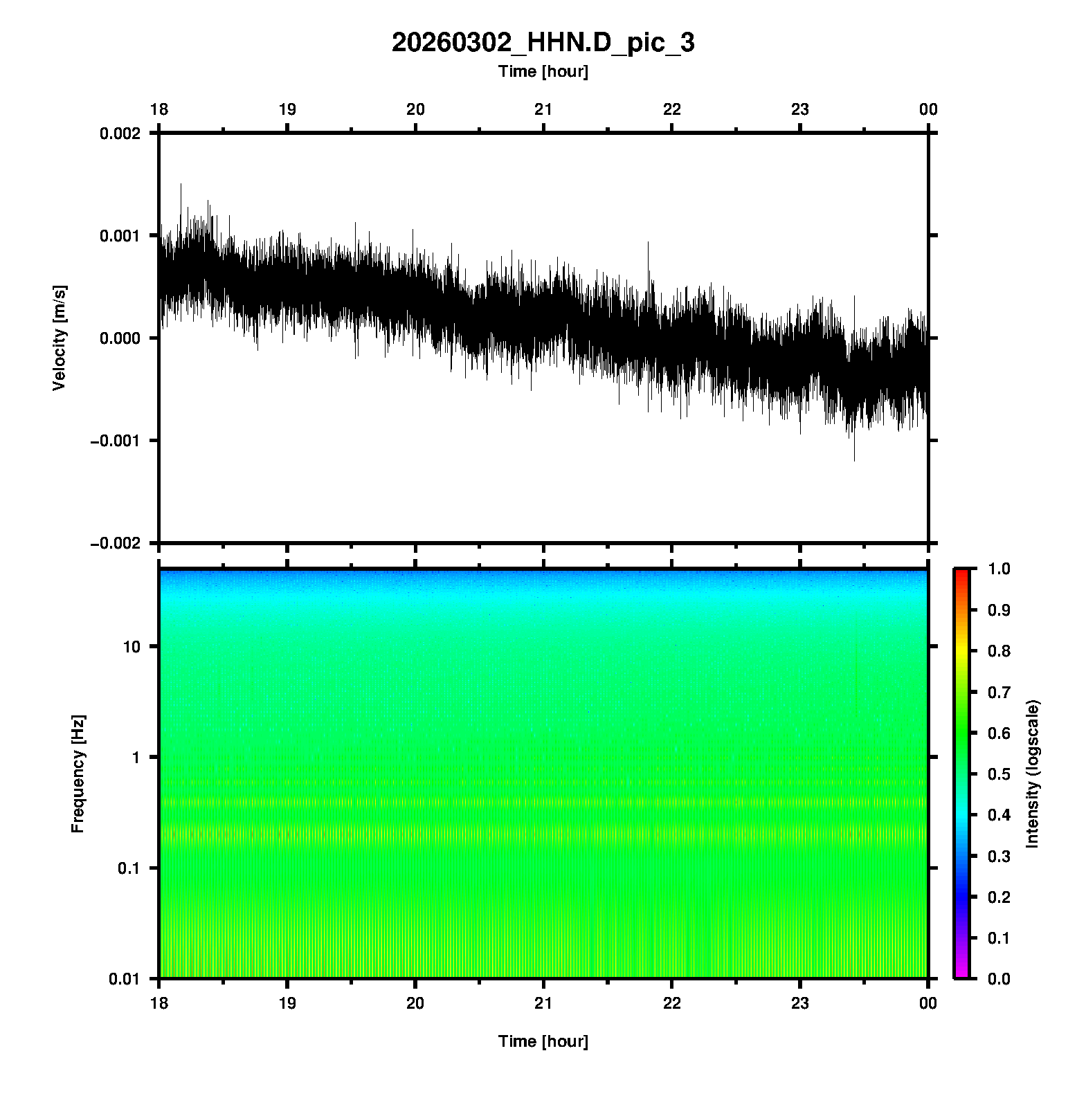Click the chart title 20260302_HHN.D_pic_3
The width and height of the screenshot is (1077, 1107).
click(543, 43)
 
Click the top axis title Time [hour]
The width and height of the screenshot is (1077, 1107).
click(543, 71)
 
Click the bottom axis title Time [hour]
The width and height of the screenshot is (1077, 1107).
click(543, 1041)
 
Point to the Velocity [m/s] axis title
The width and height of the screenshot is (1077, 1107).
click(60, 338)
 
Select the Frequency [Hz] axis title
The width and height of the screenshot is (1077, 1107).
click(78, 774)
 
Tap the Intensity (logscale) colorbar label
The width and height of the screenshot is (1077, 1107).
click(1033, 774)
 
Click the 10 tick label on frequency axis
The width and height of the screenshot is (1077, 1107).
click(132, 647)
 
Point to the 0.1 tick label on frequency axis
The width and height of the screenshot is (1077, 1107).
click(129, 868)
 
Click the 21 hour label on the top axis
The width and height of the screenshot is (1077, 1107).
click(543, 109)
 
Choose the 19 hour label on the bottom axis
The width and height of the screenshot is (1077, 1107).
click(287, 1003)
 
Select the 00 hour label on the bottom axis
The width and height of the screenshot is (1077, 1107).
click(928, 1003)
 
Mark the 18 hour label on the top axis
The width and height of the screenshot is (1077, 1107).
click(159, 109)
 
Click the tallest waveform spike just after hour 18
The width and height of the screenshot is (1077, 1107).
click(181, 185)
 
